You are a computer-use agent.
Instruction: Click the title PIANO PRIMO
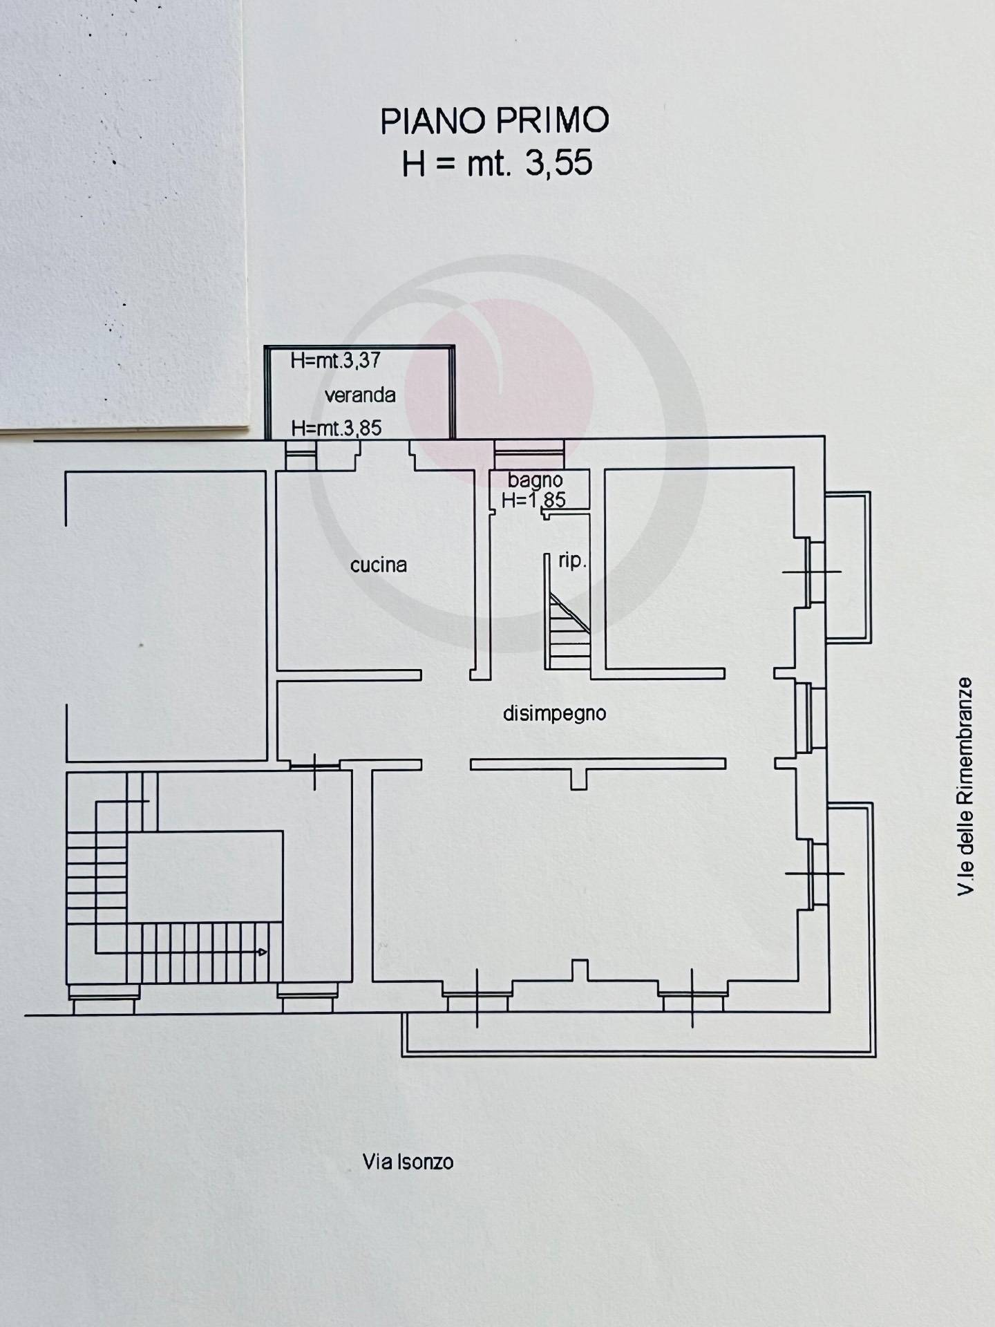click(x=495, y=120)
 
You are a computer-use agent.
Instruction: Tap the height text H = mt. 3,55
click(x=497, y=164)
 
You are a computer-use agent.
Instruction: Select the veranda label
click(x=360, y=395)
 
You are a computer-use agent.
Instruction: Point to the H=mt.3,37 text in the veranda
click(x=335, y=360)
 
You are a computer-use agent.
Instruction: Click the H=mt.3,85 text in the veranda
click(x=337, y=428)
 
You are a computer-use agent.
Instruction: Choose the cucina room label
click(x=379, y=565)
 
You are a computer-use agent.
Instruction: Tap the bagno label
click(x=536, y=480)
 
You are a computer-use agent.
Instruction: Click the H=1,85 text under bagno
click(x=533, y=500)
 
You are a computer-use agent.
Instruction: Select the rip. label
click(x=572, y=561)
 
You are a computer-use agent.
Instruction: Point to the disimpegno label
click(x=555, y=713)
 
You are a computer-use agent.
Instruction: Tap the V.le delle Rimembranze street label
click(x=965, y=787)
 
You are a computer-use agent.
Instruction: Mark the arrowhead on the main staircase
click(x=263, y=952)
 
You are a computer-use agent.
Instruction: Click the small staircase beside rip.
click(x=568, y=630)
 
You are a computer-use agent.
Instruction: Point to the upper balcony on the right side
click(x=849, y=567)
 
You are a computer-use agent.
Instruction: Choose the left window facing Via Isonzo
click(x=477, y=999)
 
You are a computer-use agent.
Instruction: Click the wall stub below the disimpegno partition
click(x=579, y=778)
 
